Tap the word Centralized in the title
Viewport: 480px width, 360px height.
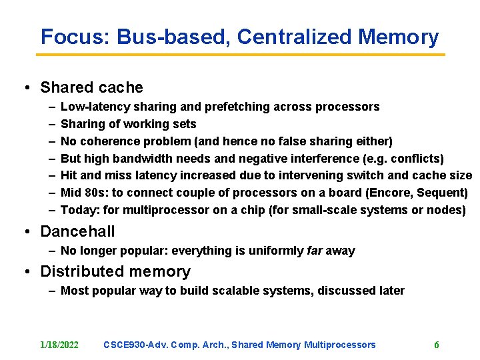coord(294,37)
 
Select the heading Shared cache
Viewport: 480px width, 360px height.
coord(91,87)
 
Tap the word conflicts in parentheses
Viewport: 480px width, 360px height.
coord(416,159)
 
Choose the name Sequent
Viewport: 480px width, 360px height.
coord(443,193)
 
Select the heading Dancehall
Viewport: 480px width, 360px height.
coord(77,232)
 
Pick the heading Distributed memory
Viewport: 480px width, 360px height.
coord(115,271)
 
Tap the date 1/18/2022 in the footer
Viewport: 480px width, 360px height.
coord(59,345)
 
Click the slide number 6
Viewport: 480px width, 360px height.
coord(437,345)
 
